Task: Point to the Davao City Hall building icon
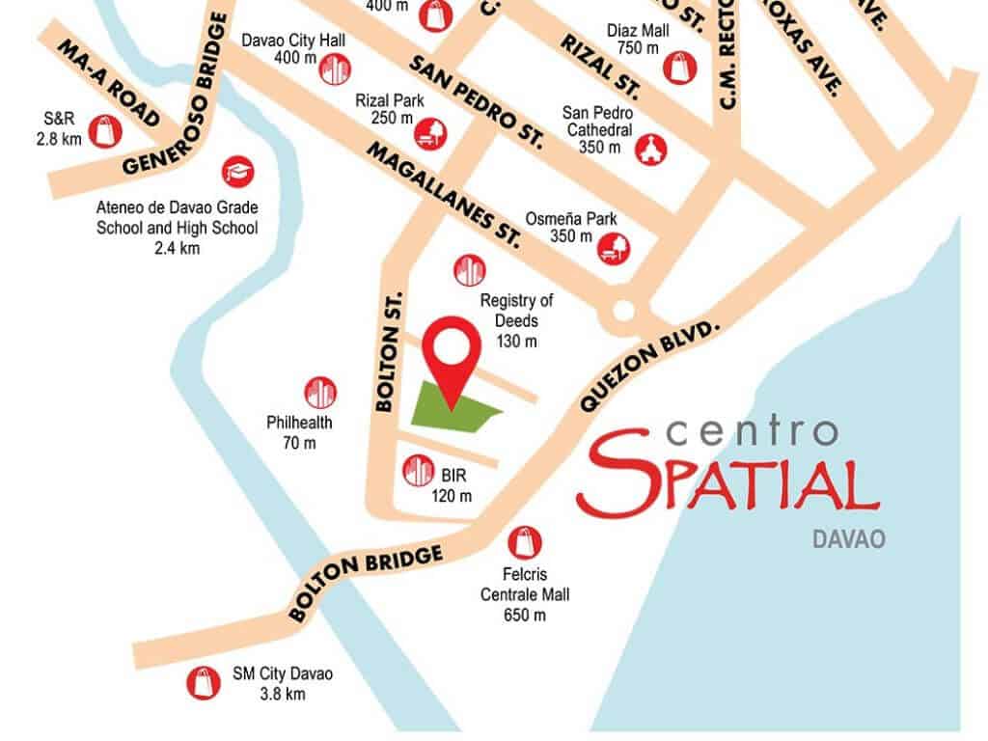(x=333, y=69)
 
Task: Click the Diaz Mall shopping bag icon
(x=678, y=67)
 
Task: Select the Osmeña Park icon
(x=614, y=247)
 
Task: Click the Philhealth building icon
(x=320, y=392)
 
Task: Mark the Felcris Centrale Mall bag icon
(x=525, y=542)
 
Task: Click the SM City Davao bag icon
(x=203, y=682)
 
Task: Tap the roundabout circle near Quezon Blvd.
(x=622, y=312)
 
